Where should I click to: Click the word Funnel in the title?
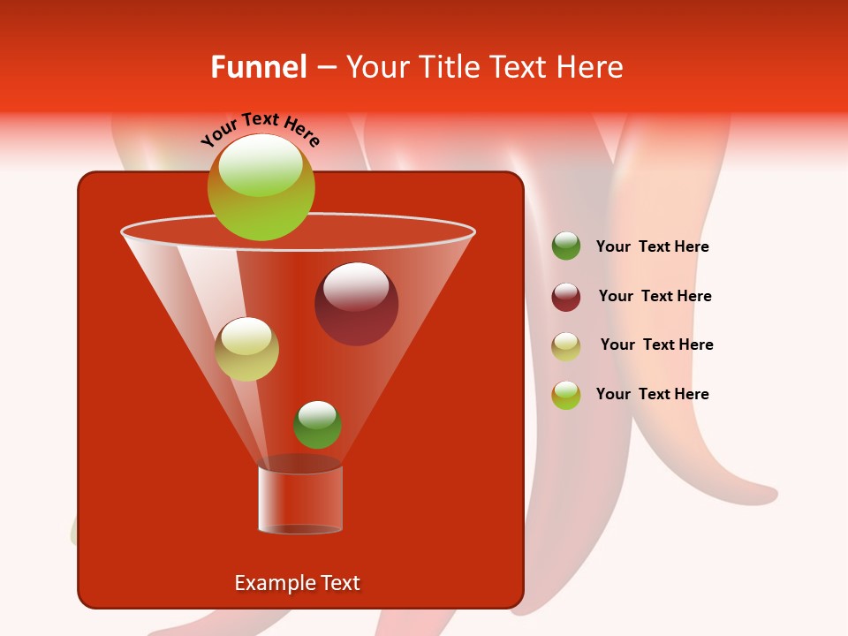(x=258, y=67)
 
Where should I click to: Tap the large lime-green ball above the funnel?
(x=261, y=186)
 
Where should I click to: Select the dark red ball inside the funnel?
(x=356, y=304)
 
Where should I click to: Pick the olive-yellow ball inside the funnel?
(x=246, y=349)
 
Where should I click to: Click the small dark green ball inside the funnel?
(x=317, y=424)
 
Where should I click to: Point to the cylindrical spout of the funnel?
(x=300, y=499)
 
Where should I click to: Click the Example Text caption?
(x=297, y=583)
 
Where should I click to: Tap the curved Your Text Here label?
(x=260, y=129)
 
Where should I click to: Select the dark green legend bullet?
(x=566, y=246)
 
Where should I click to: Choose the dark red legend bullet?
(x=566, y=297)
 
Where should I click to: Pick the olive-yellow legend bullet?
(x=566, y=345)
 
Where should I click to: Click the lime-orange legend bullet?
(x=566, y=394)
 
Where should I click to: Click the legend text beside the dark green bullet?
(x=652, y=247)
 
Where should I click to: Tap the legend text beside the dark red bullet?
(x=655, y=296)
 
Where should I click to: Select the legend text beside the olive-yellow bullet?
(x=656, y=344)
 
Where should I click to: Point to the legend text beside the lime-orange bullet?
(x=652, y=394)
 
